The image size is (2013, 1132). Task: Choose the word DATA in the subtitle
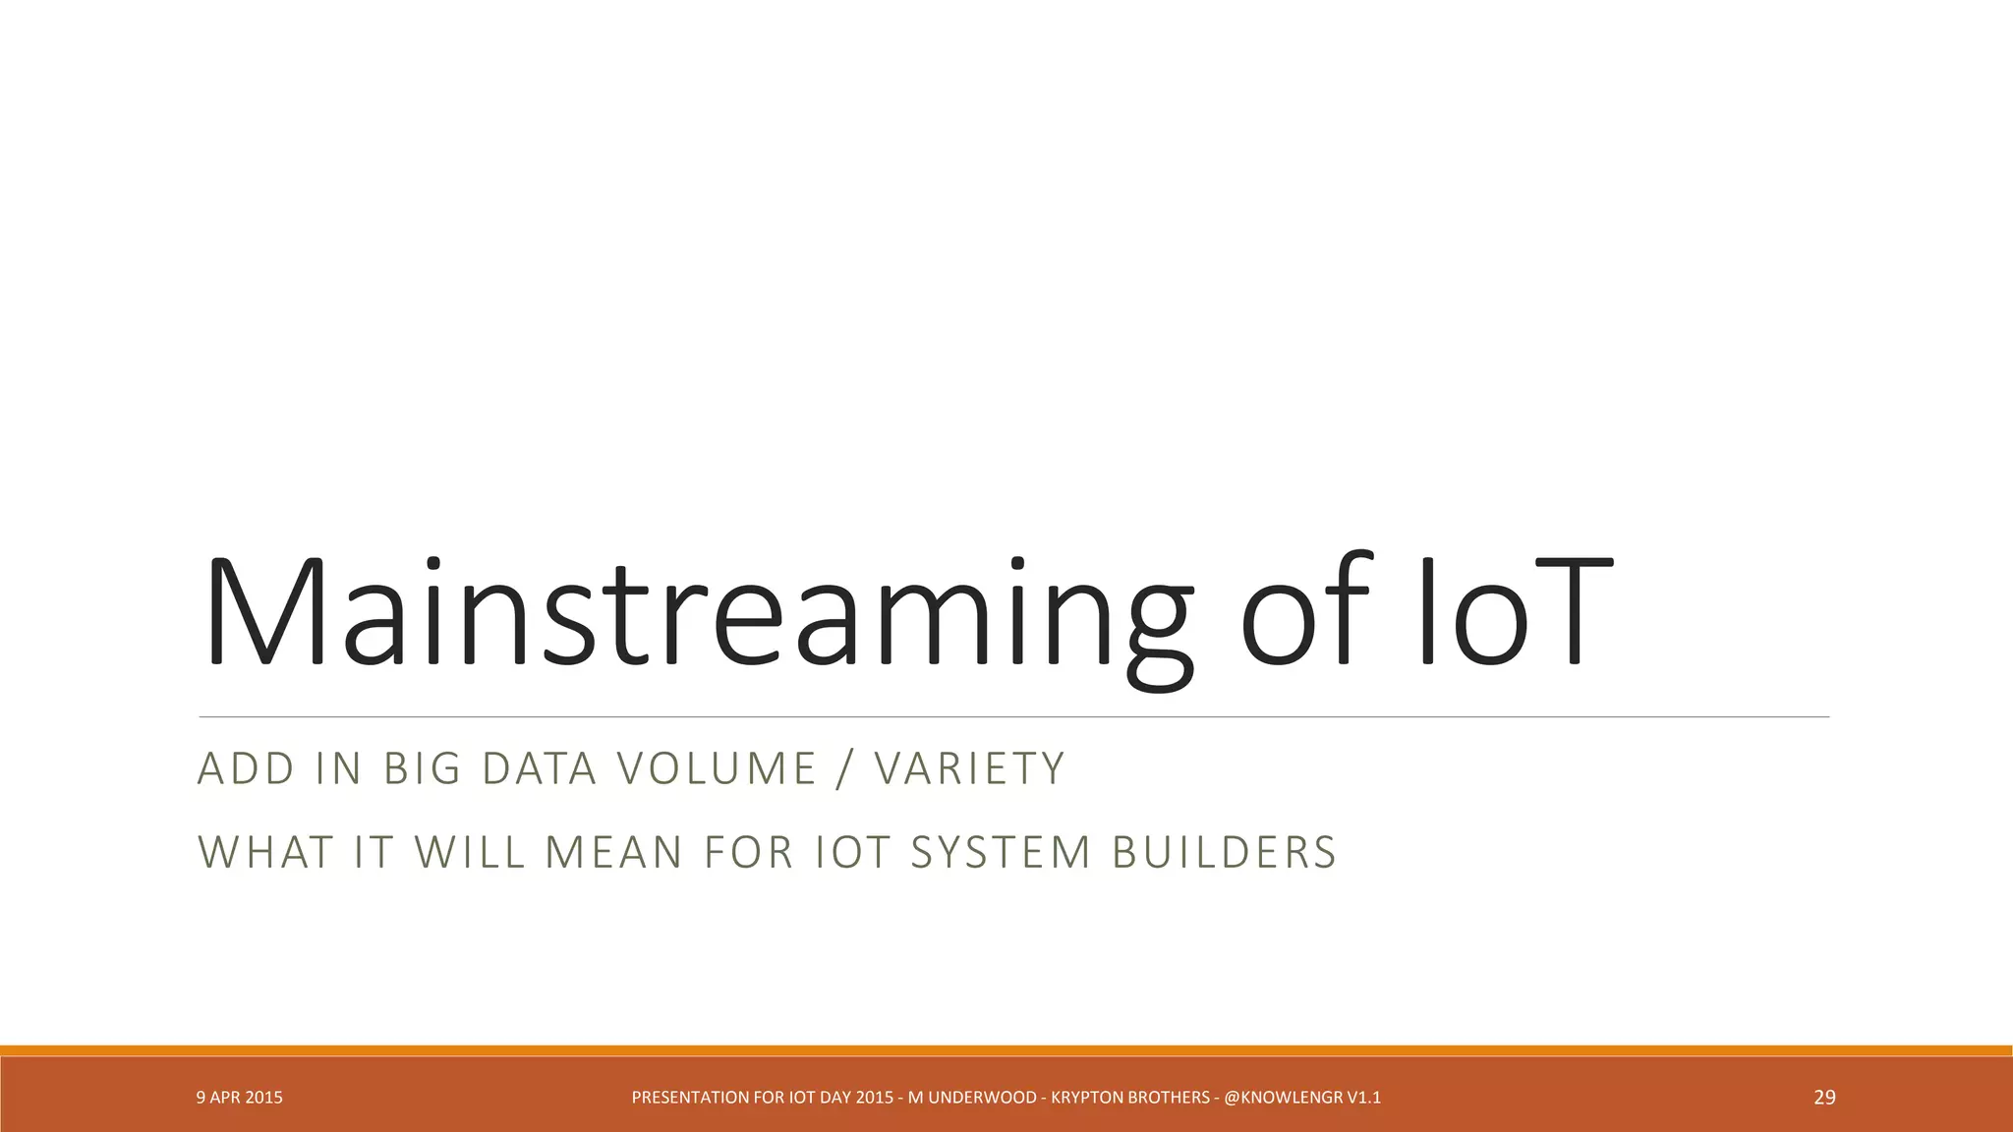coord(539,768)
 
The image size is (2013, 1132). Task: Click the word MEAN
coord(613,853)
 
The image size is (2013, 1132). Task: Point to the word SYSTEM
coord(1001,853)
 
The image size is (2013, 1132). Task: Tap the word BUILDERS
coord(1224,853)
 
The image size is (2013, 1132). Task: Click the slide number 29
coord(1824,1098)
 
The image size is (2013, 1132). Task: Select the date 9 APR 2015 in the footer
coord(240,1098)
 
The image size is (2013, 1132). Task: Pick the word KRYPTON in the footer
coord(1087,1098)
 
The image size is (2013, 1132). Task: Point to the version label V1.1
coord(1364,1098)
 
